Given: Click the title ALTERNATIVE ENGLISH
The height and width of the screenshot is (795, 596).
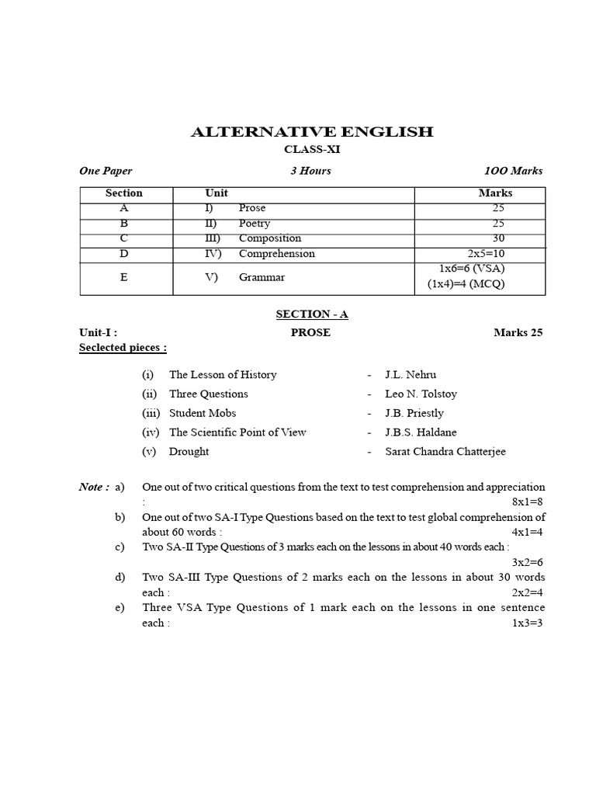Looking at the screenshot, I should pos(312,132).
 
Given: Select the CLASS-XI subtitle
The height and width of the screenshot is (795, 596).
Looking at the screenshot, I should pos(312,149).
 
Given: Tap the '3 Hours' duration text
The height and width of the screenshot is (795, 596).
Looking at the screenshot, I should pos(310,171).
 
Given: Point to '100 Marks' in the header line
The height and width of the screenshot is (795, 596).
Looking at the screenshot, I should pos(513,171).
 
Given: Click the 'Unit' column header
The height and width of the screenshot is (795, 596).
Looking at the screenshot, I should pos(217,193).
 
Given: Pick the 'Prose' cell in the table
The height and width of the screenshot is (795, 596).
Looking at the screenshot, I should pos(252,208).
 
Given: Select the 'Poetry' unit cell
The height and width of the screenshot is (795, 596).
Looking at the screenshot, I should pos(255,224).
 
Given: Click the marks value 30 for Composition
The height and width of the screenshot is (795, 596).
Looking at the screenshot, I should pos(497,238).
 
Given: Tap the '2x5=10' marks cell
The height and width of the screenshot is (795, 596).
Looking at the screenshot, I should pos(486,254).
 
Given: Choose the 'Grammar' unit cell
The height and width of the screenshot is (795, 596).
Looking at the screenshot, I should pos(262,277).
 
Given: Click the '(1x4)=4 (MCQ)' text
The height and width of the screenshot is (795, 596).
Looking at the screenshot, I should pos(466,284).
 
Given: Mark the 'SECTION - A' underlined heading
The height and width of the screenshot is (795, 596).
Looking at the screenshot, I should pos(312,314).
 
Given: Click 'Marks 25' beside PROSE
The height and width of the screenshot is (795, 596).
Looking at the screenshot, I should pos(518,332).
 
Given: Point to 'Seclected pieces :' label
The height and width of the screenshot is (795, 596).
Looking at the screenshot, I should pos(123,348).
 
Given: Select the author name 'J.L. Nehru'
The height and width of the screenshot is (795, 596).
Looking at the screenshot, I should pos(411,375).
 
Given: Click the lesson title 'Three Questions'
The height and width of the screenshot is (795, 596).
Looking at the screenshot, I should pos(209,394).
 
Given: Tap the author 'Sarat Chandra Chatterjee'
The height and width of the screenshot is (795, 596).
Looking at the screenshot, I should pos(445,452).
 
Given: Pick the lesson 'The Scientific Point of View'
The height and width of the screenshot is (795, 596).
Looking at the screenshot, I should pos(237,432).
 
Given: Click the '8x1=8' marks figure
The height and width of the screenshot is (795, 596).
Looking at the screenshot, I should pos(528,502).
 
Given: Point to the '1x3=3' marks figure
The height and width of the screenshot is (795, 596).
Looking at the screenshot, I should pos(528,623).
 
